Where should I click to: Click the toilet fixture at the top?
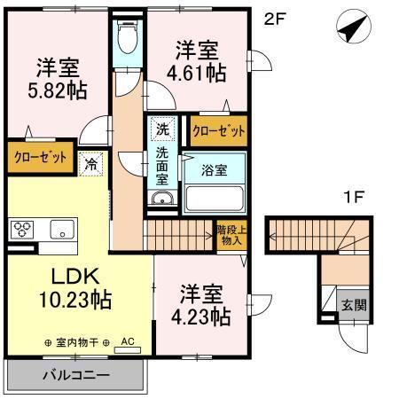[128, 37]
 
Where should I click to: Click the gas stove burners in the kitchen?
[23, 231]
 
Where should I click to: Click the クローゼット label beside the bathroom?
[219, 129]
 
